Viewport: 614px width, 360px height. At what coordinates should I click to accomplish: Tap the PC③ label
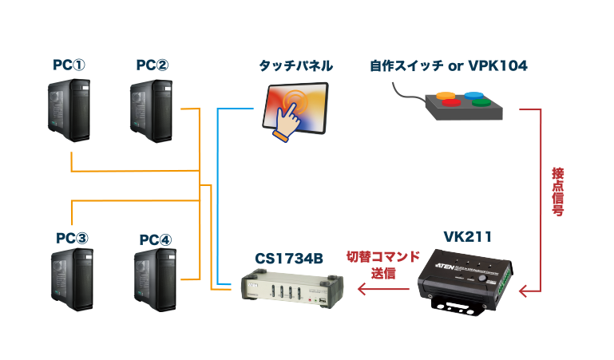point(72,238)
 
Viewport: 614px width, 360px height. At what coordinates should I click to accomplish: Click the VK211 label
point(467,237)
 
